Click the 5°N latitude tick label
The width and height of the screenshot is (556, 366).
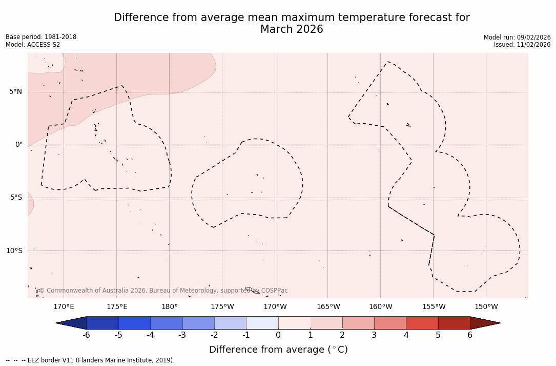coord(15,92)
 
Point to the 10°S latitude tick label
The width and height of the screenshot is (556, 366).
coord(14,251)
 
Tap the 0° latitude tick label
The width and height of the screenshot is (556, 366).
coord(19,145)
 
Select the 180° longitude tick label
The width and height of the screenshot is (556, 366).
coord(170,307)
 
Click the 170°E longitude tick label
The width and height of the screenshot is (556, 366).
coord(64,307)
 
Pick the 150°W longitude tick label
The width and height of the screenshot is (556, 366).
coord(486,307)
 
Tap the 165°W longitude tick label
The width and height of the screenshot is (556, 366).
coord(328,307)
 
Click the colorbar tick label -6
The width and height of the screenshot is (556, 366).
coord(86,335)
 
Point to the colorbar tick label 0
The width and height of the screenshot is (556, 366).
coord(278,335)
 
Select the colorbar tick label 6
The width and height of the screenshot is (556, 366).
coord(470,335)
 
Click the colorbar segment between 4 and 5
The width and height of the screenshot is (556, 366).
coord(422,323)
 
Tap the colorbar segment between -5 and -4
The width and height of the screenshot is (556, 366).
coord(134,323)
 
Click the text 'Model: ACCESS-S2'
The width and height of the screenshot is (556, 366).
coord(33,45)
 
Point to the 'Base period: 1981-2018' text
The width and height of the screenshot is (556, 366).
coord(41,37)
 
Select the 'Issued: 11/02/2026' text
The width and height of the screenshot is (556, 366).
coord(522,45)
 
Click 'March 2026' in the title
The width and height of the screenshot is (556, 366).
coord(292,29)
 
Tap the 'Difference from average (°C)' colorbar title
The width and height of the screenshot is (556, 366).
coord(278,350)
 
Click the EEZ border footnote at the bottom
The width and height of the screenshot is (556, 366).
coord(90,360)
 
